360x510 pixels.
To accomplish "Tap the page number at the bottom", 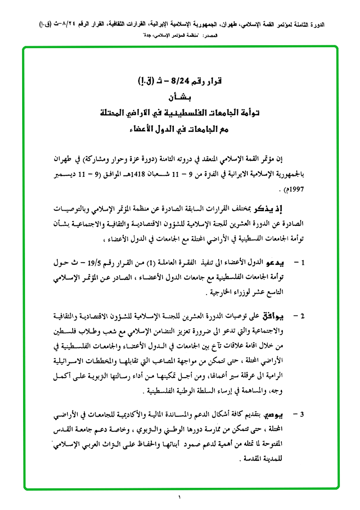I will point(180,497).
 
